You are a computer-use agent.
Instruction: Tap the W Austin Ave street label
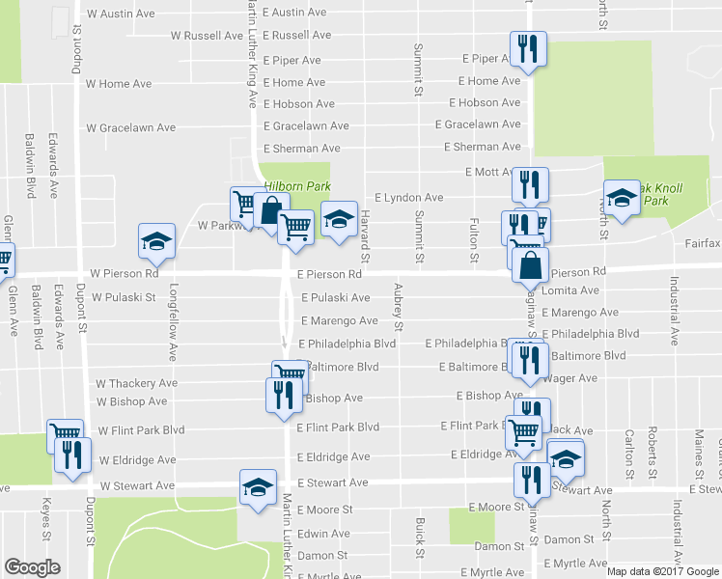pyautogui.click(x=122, y=14)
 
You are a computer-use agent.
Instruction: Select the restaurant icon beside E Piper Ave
pyautogui.click(x=527, y=50)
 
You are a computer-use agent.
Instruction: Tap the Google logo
pyautogui.click(x=32, y=567)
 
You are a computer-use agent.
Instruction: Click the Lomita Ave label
pyautogui.click(x=571, y=290)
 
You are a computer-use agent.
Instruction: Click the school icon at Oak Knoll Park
pyautogui.click(x=622, y=199)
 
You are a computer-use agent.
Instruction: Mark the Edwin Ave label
pyautogui.click(x=323, y=534)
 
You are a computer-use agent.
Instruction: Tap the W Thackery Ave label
pyautogui.click(x=137, y=383)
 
